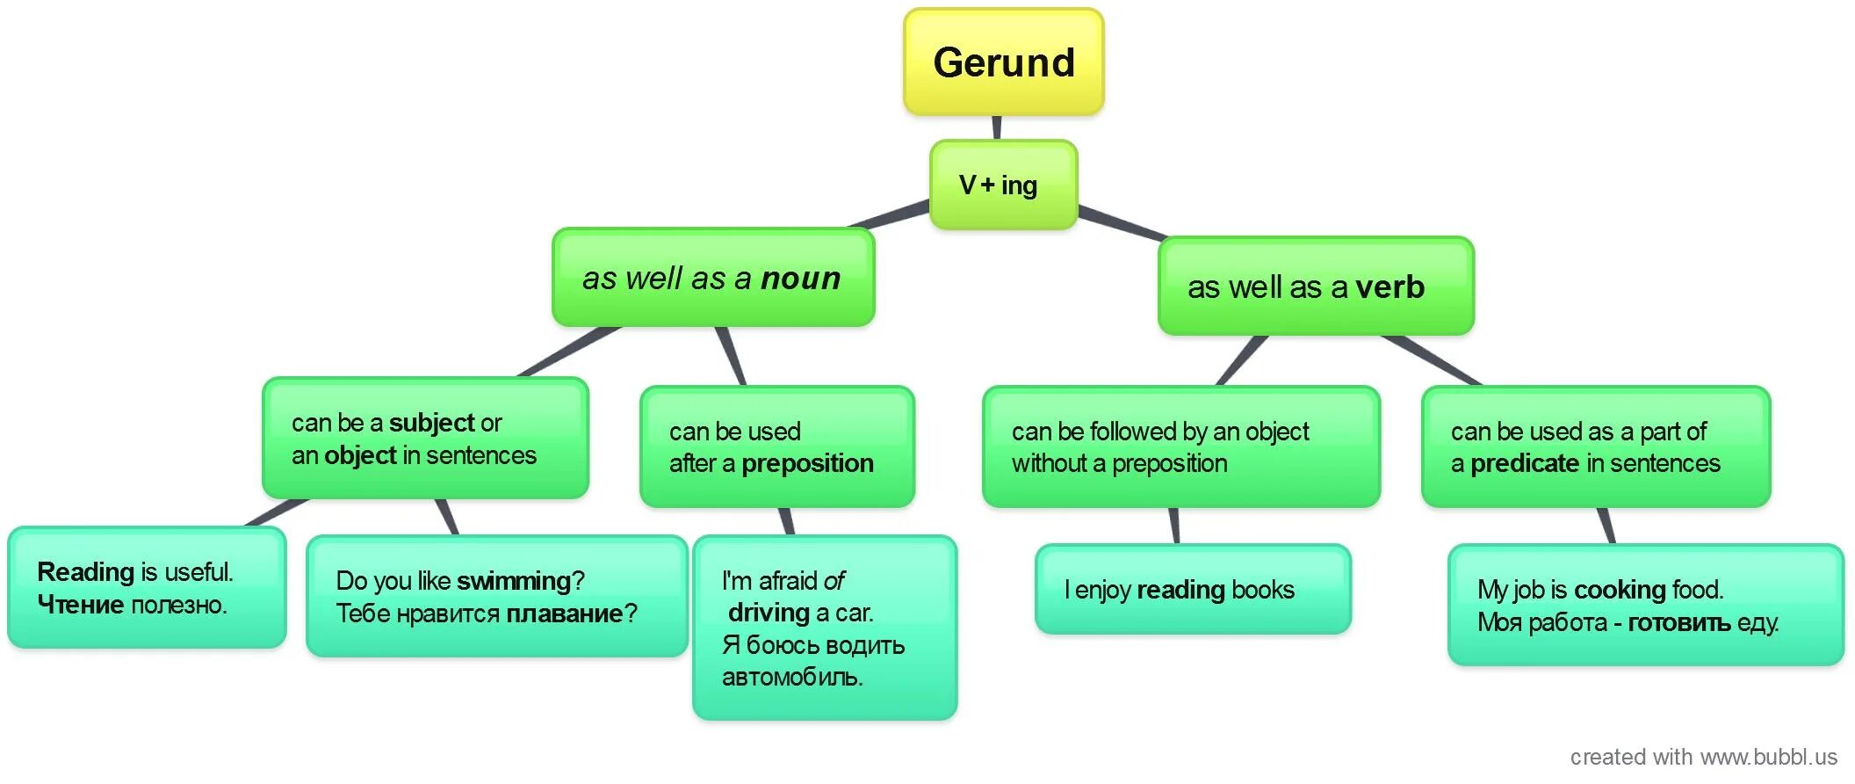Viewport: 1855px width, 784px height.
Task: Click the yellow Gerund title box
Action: click(x=1003, y=62)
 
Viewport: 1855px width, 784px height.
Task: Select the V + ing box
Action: click(x=1003, y=185)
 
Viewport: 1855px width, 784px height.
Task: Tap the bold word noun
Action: click(x=800, y=279)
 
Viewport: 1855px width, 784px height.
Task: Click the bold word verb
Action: click(x=1389, y=287)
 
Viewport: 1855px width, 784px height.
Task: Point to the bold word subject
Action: click(x=432, y=423)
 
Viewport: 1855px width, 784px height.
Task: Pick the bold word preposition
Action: click(x=807, y=463)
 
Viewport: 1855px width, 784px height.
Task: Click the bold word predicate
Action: click(x=1525, y=463)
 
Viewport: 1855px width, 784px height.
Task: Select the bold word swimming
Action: click(x=514, y=581)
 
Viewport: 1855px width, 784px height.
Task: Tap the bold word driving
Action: click(x=769, y=613)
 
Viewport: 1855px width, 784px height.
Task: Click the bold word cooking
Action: click(x=1620, y=590)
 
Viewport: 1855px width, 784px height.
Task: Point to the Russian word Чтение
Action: click(x=80, y=605)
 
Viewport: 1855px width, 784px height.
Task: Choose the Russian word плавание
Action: click(x=565, y=613)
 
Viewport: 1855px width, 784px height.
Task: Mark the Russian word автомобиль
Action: click(x=791, y=677)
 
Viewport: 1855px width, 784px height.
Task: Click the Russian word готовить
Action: click(x=1678, y=622)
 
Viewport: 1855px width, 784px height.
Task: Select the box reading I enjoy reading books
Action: click(x=1192, y=590)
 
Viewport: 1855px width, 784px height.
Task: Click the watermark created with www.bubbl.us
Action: click(x=1703, y=757)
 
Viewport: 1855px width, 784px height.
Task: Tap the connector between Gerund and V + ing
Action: click(x=997, y=127)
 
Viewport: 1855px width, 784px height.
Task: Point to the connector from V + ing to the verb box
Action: click(x=1122, y=223)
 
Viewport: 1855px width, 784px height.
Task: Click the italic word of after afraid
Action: click(x=834, y=581)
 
